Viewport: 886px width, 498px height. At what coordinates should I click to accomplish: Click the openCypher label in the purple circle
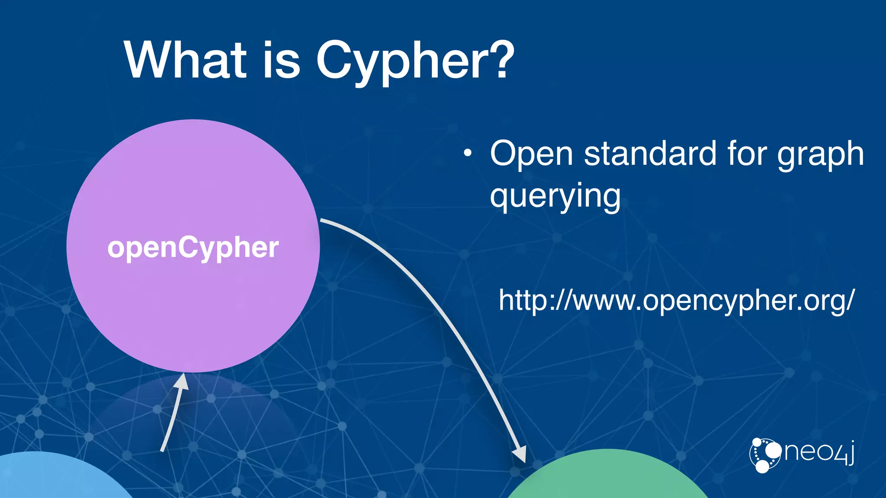(x=193, y=248)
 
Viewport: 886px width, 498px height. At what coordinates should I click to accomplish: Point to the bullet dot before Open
(x=467, y=153)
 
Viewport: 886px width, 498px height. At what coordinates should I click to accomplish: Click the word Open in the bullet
(x=531, y=154)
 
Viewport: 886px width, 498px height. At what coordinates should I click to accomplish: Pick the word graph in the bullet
(x=820, y=155)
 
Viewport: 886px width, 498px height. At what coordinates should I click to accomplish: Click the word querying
(x=555, y=196)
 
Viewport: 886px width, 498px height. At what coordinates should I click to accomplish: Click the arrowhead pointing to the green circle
(x=520, y=455)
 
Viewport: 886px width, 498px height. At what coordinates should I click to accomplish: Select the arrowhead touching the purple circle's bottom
(x=183, y=382)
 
